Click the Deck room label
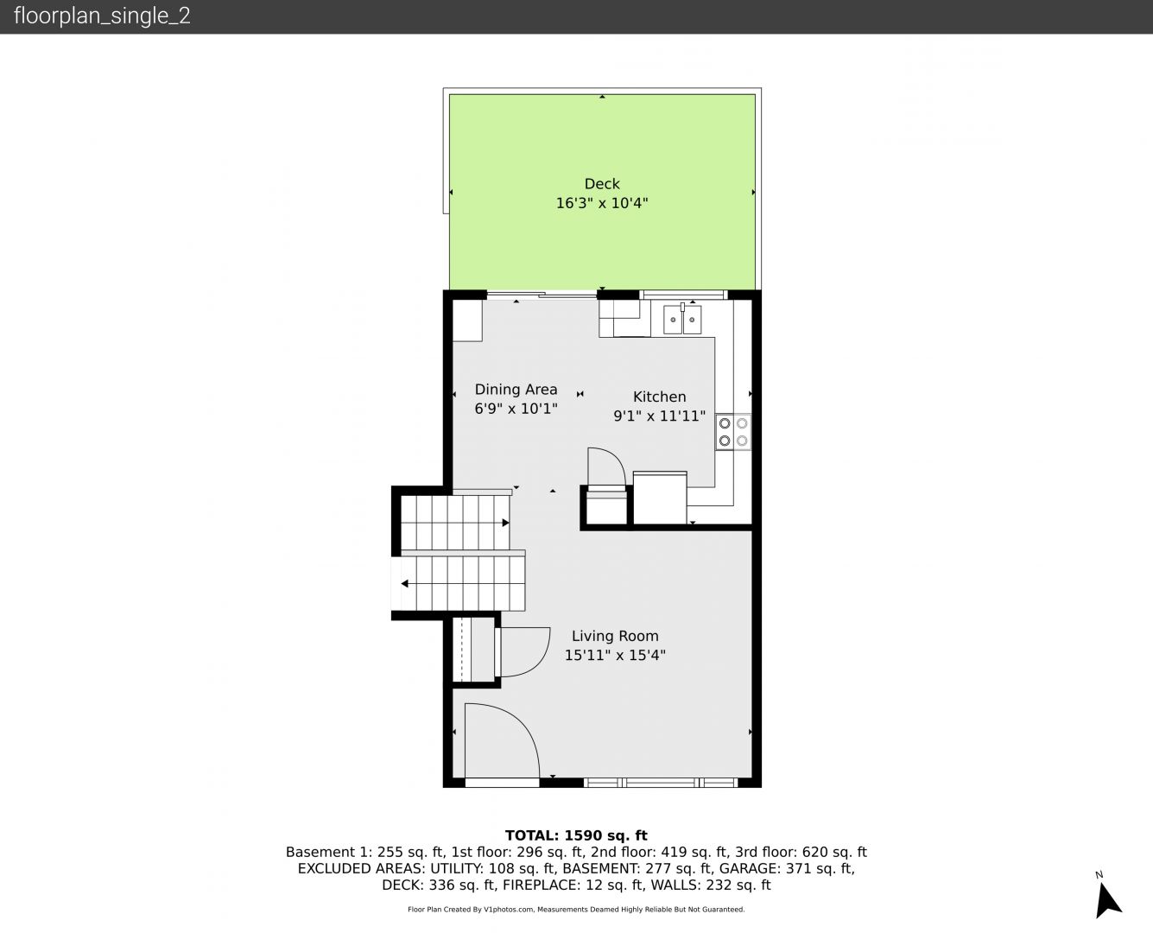tap(602, 184)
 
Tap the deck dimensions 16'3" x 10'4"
tap(602, 203)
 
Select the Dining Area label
tap(516, 390)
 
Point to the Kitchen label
tap(659, 397)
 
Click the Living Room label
tap(615, 636)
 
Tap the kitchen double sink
tap(682, 320)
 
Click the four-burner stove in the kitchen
tap(733, 432)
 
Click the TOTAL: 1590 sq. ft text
tap(576, 835)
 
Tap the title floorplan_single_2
tap(102, 16)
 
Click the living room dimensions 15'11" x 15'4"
tap(615, 655)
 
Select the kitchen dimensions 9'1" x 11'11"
tap(659, 416)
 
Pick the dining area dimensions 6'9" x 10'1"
tap(516, 409)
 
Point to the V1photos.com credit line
tap(576, 910)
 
